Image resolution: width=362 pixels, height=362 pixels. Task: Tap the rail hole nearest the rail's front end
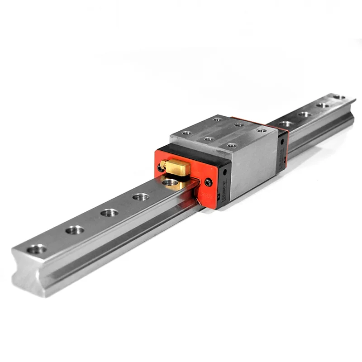point(37,249)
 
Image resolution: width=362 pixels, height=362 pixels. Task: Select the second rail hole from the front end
point(75,230)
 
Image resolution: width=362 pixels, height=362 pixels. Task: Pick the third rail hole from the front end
point(110,212)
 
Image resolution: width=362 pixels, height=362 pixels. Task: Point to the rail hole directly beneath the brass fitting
point(170,182)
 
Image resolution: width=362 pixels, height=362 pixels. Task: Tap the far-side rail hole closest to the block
point(286,123)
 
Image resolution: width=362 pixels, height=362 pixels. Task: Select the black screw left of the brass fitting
point(160,168)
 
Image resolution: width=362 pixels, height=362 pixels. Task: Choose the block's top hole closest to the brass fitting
point(186,133)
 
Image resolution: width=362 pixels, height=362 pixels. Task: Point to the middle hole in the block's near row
point(208,139)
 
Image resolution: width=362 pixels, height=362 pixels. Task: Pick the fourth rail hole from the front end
point(141,196)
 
